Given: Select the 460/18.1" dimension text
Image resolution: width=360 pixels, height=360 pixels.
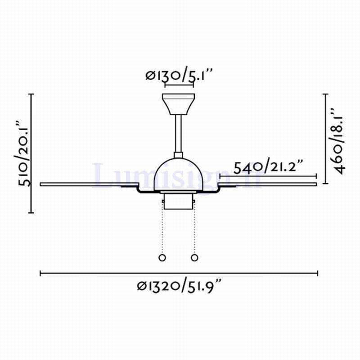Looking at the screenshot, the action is (x=337, y=140).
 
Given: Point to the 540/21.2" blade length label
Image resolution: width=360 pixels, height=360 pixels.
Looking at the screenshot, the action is (x=268, y=167).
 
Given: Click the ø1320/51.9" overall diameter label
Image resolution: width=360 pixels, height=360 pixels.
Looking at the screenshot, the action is (x=180, y=286).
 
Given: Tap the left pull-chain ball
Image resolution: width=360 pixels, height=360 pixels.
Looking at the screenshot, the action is (x=162, y=257).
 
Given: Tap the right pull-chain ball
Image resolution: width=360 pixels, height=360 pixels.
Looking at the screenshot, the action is (x=194, y=257).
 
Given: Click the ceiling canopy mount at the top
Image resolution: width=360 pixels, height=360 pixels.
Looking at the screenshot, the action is (x=178, y=104).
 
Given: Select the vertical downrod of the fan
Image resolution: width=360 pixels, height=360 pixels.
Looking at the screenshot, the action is (x=178, y=134).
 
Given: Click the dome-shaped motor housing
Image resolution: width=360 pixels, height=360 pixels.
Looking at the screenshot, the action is (x=178, y=175).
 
